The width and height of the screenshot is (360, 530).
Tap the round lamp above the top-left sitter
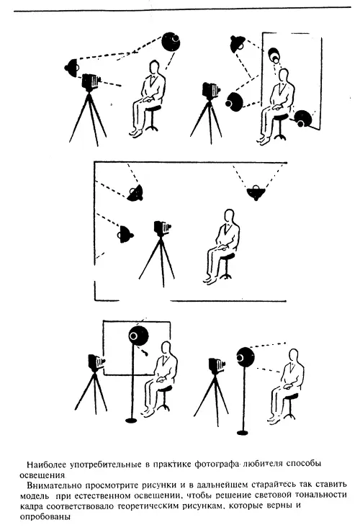pos(171,41)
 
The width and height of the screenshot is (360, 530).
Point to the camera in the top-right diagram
pos(211,90)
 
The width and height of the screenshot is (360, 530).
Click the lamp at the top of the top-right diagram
pos(238,43)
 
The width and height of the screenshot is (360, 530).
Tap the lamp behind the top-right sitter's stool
pos(302,119)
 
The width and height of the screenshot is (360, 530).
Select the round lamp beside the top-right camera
pos(234,101)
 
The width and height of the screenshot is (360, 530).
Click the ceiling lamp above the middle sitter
pos(256,193)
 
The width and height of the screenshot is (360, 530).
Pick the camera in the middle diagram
pos(162,228)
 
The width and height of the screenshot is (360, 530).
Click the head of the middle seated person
pos(230,216)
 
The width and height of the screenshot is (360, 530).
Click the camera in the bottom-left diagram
pos(96,362)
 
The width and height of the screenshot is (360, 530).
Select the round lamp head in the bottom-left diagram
pos(138,336)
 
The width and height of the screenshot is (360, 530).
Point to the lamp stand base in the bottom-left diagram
pos(131,421)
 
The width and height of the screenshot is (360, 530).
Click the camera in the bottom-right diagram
pos(216,366)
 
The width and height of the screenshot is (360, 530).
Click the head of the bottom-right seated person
pos(294,356)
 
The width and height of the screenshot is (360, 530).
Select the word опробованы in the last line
pos(45,517)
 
